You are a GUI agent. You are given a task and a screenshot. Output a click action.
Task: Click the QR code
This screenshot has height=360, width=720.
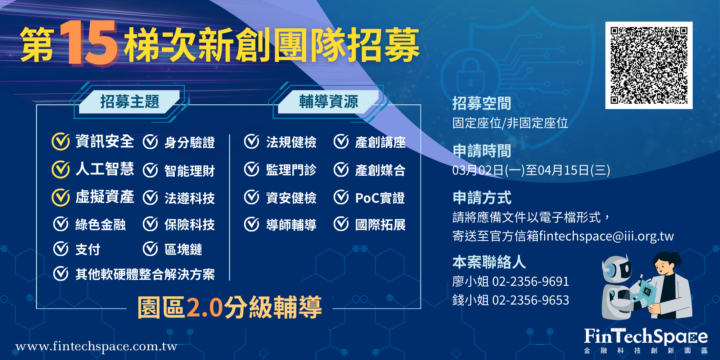(649, 65)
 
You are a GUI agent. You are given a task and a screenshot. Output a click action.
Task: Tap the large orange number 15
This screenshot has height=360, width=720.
(89, 43)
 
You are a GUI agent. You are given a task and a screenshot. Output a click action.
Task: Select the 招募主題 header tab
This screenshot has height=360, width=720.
(130, 102)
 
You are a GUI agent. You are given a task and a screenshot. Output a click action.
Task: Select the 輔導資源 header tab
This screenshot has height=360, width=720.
(329, 102)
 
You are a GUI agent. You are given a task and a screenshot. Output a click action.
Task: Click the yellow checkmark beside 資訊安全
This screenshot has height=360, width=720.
(60, 141)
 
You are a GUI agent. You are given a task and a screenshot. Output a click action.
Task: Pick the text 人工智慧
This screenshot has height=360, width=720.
(105, 169)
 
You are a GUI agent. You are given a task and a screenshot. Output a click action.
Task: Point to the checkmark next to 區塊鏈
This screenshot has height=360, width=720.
(150, 249)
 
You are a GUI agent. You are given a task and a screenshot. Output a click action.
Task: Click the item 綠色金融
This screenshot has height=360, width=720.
(100, 225)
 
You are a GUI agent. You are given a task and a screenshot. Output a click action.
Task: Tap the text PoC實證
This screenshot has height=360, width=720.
(380, 198)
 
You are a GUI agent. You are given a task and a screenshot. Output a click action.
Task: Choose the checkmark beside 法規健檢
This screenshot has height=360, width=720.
(251, 142)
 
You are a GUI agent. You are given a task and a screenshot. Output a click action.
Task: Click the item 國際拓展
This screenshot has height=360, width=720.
(380, 225)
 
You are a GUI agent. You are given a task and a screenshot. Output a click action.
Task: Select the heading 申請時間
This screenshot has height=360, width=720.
(482, 151)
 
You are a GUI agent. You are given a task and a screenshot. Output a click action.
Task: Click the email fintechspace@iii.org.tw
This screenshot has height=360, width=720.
(606, 236)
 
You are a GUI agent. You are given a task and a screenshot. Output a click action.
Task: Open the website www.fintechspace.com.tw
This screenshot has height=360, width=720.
(96, 346)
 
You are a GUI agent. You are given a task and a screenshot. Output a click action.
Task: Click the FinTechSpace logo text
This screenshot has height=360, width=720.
(645, 337)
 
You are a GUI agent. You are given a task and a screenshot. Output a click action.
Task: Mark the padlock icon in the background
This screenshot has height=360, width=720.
(470, 77)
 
